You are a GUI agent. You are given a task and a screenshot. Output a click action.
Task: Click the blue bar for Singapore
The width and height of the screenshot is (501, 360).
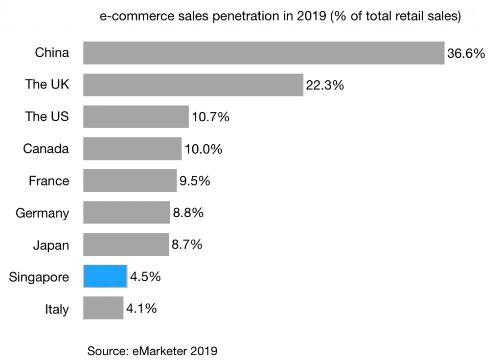(x=105, y=276)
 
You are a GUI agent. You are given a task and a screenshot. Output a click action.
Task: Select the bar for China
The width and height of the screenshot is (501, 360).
(x=264, y=53)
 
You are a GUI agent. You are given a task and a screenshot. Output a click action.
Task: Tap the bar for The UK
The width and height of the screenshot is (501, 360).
(x=193, y=85)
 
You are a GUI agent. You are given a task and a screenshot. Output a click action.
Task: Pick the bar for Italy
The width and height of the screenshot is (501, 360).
(x=103, y=308)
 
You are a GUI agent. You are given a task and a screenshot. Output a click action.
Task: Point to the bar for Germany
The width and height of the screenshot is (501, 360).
(x=126, y=212)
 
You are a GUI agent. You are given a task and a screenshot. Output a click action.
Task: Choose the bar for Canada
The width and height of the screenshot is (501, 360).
(x=132, y=149)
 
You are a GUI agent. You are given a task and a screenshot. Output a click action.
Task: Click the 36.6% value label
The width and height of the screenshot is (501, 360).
(x=466, y=53)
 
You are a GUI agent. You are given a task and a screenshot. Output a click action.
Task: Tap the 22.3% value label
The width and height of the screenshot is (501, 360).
(x=325, y=85)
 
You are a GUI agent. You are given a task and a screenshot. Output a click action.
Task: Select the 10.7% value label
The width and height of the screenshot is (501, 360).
(x=210, y=117)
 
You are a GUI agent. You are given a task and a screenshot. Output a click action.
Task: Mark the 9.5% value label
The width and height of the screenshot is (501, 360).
(x=195, y=181)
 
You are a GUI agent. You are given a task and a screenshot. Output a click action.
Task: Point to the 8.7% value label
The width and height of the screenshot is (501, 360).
(x=187, y=245)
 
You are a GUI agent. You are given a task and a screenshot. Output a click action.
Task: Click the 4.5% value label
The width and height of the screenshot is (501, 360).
(x=145, y=277)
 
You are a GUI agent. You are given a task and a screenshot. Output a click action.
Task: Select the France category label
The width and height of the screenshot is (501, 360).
(x=49, y=181)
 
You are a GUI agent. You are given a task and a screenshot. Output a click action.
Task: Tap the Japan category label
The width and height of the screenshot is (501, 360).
(x=51, y=245)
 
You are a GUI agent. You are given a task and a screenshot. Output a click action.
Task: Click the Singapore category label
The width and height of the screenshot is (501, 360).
(x=39, y=277)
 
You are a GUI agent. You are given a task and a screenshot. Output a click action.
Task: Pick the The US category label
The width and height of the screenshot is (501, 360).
(x=47, y=117)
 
